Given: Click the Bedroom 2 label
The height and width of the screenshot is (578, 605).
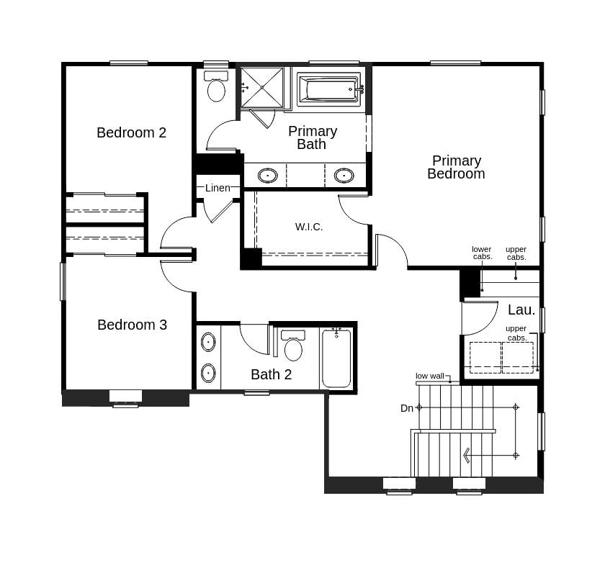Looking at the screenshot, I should tap(131, 132).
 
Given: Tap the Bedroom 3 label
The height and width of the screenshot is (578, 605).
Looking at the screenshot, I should tap(132, 325).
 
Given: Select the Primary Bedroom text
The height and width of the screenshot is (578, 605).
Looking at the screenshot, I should tap(456, 167).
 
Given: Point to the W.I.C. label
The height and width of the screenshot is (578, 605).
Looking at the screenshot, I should tap(309, 227).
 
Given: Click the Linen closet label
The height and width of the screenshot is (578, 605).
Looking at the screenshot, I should tap(218, 188).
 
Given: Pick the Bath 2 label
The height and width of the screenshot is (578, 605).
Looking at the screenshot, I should tap(271, 374).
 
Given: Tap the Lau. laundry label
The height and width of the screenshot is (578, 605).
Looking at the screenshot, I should tap(521, 310).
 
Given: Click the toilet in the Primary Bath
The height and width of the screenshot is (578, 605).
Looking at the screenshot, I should tap(216, 86).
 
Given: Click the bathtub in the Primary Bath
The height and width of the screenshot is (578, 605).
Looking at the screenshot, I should tap(328, 89).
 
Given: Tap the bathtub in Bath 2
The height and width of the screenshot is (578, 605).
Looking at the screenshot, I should tap(336, 358).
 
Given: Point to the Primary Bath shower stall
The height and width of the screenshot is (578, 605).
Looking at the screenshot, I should tap(261, 87).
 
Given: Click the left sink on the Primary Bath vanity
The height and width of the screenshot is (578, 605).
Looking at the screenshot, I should tap(268, 175).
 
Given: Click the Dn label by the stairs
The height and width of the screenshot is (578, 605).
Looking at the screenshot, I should tap(407, 408).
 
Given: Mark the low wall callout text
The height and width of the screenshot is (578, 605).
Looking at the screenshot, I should tap(430, 376).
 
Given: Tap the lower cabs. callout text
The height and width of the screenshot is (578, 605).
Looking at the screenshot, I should tap(482, 253).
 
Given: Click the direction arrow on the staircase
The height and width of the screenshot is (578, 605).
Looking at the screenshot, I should tap(467, 455).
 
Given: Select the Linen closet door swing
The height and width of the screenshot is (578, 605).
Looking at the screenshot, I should tap(218, 209).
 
